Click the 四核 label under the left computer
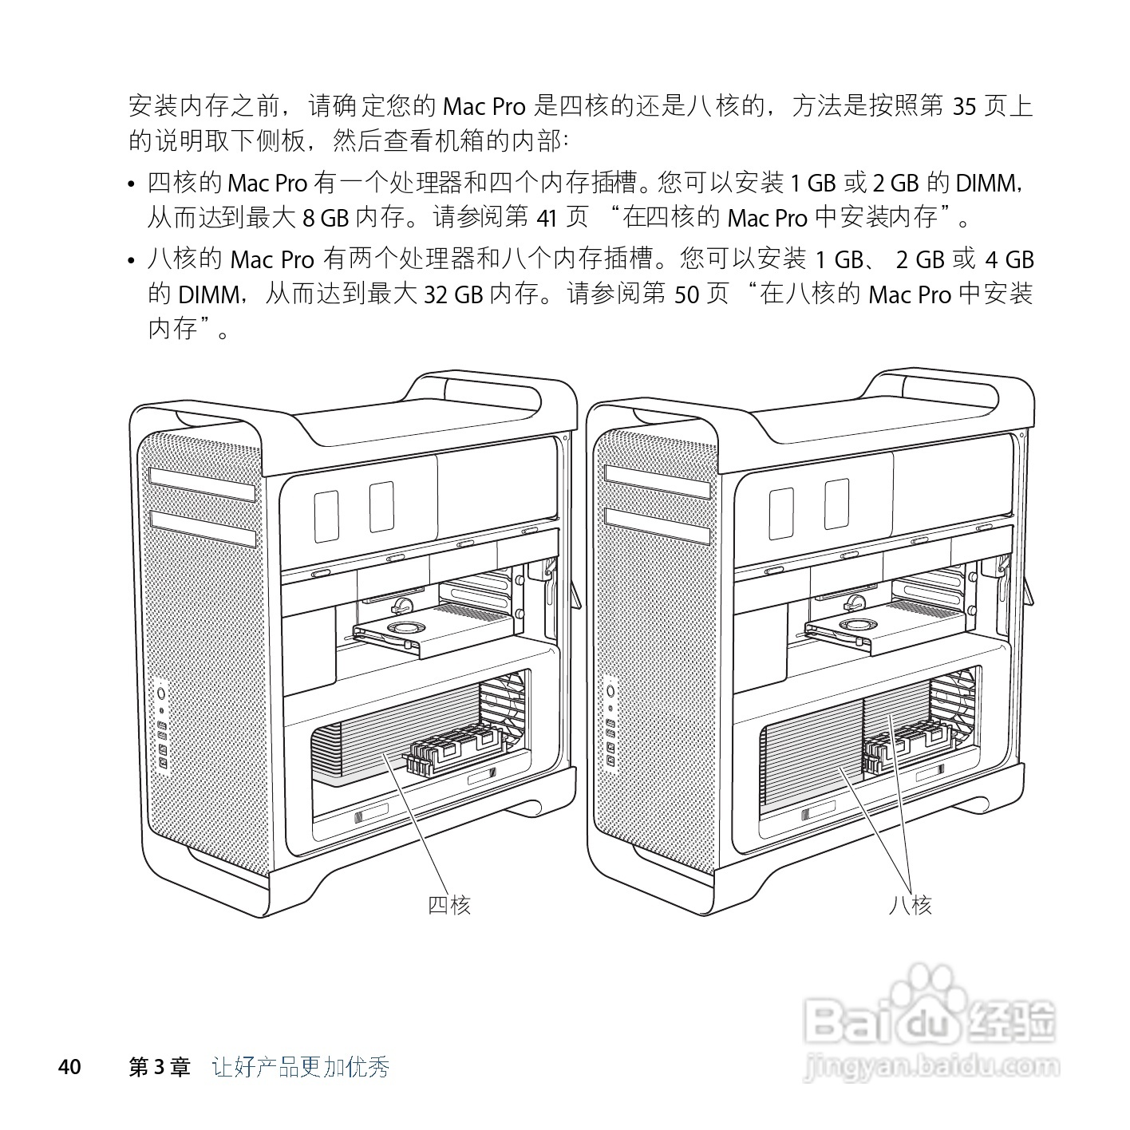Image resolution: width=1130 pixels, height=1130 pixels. tap(449, 904)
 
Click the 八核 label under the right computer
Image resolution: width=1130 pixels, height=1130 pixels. tap(910, 904)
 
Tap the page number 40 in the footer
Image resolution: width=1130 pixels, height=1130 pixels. tap(70, 1067)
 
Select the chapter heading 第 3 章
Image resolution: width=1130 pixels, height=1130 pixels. tap(160, 1067)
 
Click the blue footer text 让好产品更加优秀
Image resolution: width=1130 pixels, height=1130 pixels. tap(301, 1067)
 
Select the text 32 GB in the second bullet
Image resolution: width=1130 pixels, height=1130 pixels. tap(453, 295)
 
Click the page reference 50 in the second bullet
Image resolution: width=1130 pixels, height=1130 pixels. tap(686, 295)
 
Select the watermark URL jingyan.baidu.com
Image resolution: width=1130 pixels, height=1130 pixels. tap(933, 1065)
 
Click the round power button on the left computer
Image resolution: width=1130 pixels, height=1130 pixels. tap(161, 692)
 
